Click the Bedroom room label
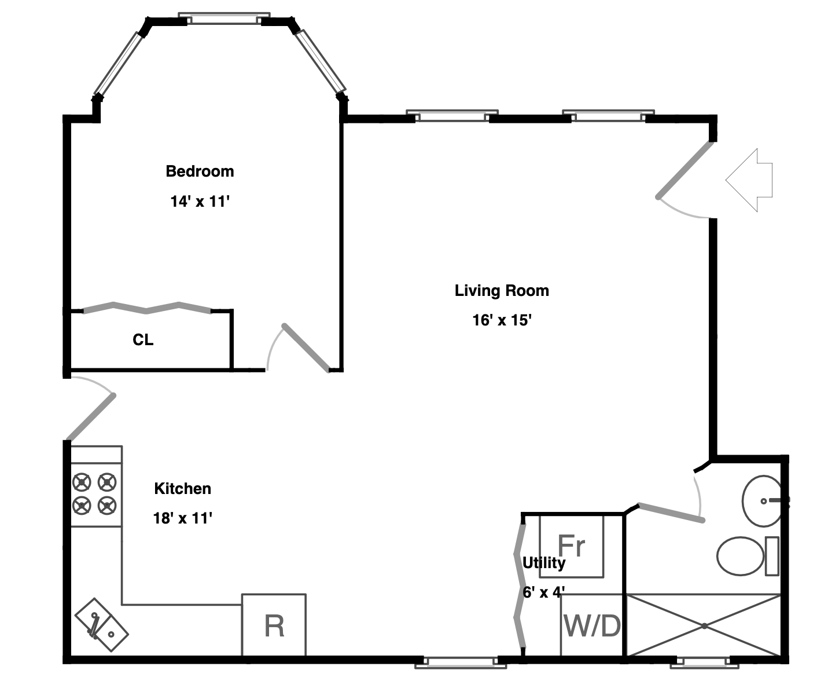200,171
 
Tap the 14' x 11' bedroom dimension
200,202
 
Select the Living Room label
501,290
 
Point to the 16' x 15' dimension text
501,320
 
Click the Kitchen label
182,488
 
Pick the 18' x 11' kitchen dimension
182,518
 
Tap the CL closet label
143,340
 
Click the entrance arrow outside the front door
750,180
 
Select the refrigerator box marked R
274,625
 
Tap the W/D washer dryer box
592,625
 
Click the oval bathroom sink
762,501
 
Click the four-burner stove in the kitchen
95,493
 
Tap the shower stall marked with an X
704,625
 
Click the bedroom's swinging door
305,347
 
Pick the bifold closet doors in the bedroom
148,308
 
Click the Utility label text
543,563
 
